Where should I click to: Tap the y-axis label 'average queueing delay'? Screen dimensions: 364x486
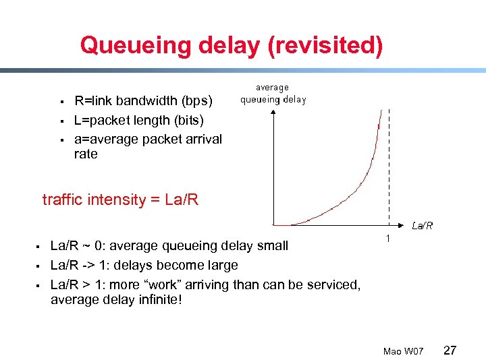coord(273,93)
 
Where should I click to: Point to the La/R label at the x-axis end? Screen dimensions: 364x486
coord(423,226)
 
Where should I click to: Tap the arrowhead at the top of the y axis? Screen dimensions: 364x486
coord(272,111)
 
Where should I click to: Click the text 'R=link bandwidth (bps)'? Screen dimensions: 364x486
coord(143,101)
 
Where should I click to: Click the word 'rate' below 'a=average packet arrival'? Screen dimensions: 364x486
coord(86,154)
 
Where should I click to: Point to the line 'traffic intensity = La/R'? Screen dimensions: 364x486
coord(120,200)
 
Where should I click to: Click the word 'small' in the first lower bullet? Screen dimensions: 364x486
coord(271,245)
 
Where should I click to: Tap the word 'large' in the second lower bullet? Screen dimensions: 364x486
coord(220,265)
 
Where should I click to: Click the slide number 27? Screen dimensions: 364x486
coord(450,351)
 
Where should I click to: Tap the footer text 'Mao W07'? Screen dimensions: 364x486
coord(403,351)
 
